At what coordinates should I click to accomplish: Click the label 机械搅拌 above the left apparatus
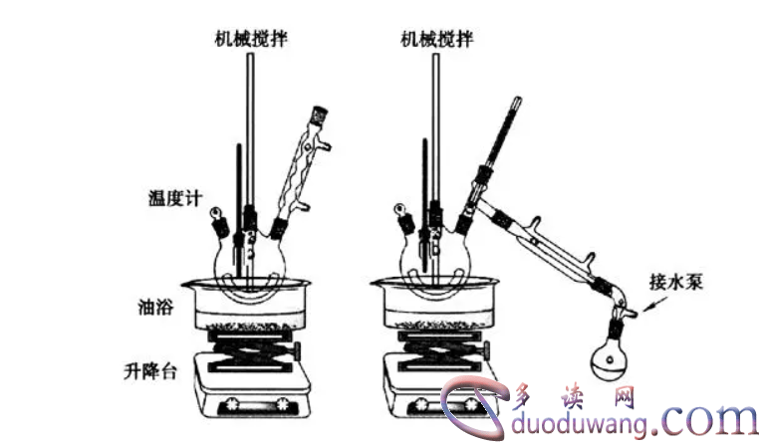251,40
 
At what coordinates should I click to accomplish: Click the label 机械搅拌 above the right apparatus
436,40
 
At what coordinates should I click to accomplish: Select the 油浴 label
158,305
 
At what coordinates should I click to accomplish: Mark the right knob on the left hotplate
283,405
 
